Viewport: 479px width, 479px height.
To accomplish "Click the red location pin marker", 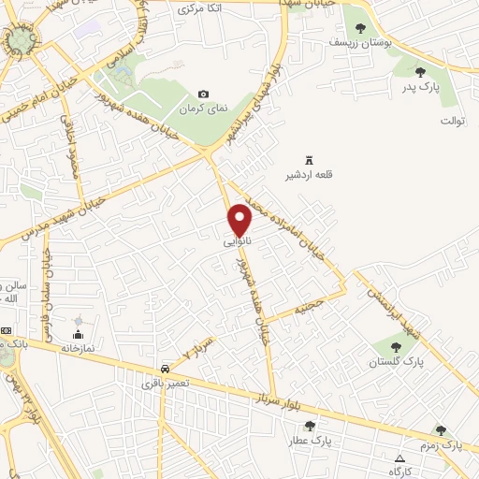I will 240,219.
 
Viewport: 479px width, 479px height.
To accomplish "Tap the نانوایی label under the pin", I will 238,241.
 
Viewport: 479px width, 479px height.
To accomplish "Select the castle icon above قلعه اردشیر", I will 310,161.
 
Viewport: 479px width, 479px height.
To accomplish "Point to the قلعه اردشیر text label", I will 310,175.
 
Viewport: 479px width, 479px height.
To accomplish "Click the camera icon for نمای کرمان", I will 204,94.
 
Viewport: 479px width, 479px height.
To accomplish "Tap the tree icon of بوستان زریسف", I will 361,28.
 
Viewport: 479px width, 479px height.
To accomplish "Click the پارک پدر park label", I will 420,86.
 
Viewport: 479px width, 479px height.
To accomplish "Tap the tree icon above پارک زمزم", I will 441,430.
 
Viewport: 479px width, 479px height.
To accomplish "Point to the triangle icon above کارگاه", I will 400,458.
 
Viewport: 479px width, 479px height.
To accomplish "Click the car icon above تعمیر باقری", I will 166,369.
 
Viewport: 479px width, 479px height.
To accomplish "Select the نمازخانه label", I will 78,347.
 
